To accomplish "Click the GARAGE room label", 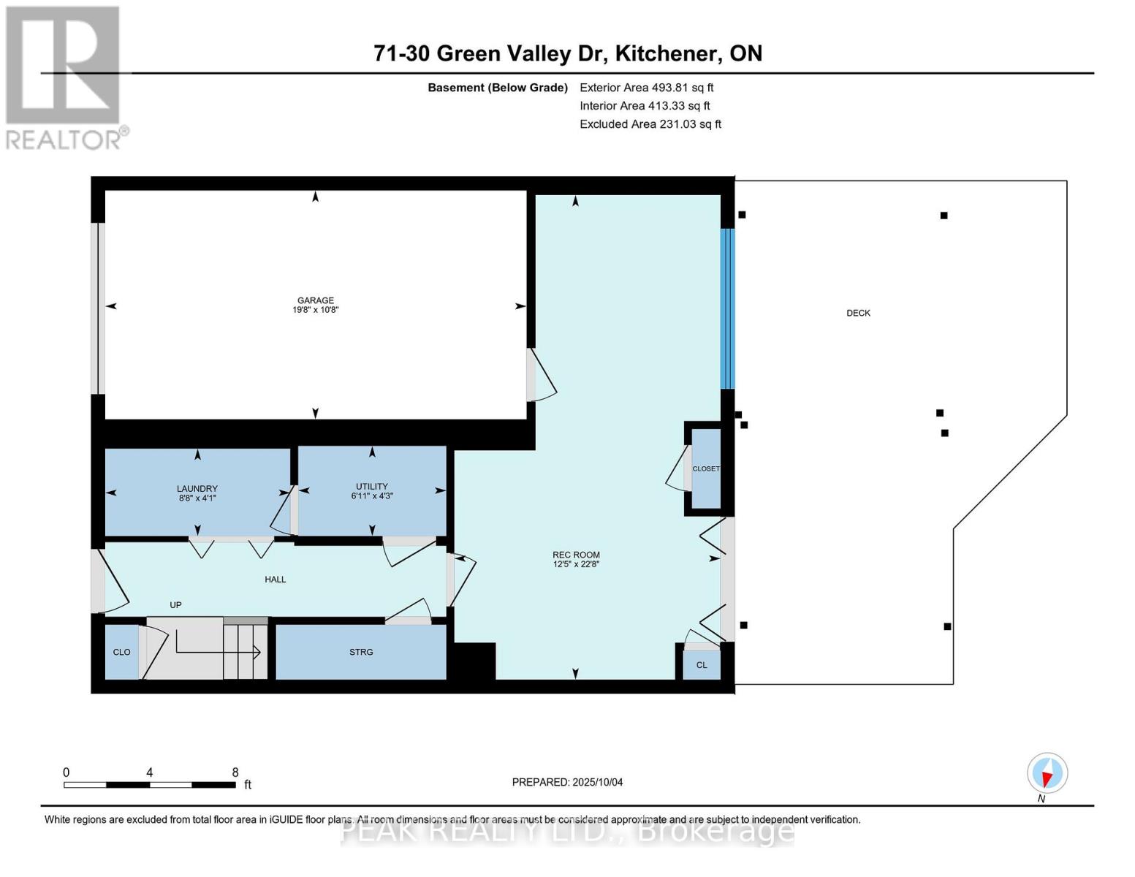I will pos(315,300).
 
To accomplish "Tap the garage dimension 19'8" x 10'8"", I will pos(315,310).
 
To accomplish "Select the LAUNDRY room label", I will pos(197,489).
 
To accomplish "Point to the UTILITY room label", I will pos(372,486).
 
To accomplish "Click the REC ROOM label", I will pos(576,555).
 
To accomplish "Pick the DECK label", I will pos(858,313).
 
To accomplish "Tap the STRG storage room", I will pos(361,652).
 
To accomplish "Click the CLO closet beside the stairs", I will pos(121,652).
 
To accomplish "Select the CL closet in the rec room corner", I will pos(702,665).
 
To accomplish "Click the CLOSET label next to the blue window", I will pos(706,468).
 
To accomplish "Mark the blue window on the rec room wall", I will pos(727,308).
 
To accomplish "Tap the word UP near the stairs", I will pos(175,605).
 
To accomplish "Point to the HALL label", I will pos(276,580).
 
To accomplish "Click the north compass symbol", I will pos(1047,773).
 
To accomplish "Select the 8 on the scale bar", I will pos(235,772).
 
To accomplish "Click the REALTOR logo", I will pos(64,77).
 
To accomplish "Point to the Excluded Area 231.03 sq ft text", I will pos(650,124).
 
